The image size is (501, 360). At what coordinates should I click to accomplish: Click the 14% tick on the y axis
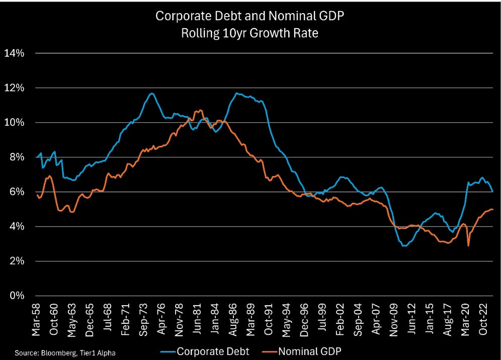[x=14, y=53]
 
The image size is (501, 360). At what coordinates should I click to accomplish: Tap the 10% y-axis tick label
[x=14, y=123]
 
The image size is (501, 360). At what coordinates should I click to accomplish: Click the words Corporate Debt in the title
[x=191, y=16]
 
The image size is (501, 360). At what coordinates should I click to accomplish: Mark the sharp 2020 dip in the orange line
[x=469, y=245]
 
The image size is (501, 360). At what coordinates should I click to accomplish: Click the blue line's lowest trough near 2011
[x=404, y=246]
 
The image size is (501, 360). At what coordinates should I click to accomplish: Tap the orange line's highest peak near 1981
[x=200, y=110]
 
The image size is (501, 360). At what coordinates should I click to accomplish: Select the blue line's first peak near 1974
[x=151, y=93]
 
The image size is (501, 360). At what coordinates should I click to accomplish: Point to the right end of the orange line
[x=492, y=209]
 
